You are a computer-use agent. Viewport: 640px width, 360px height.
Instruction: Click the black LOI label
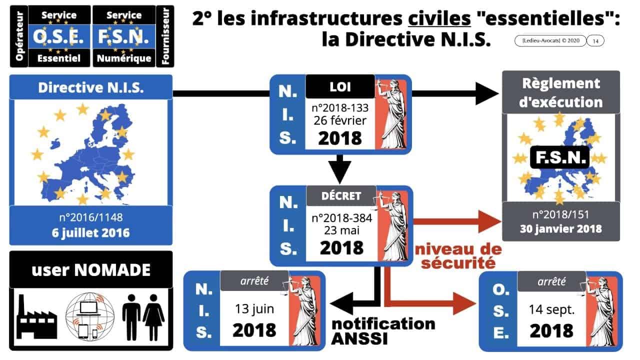(340, 86)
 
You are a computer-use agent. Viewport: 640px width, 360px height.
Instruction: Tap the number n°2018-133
(340, 107)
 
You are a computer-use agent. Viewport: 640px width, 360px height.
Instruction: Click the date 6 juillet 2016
(91, 232)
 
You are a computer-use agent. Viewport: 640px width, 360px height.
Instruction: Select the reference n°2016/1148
(91, 218)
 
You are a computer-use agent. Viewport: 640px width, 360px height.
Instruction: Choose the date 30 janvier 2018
(560, 228)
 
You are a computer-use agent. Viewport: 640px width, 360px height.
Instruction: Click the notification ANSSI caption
(383, 331)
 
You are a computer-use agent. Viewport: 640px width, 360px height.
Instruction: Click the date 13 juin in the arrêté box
(254, 308)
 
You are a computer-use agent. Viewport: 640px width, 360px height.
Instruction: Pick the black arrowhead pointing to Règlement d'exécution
(486, 93)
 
